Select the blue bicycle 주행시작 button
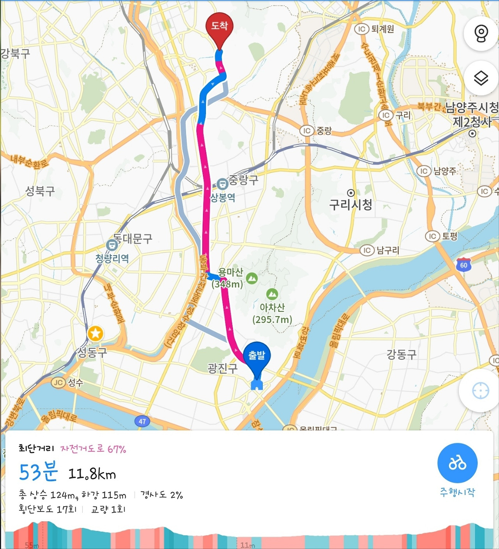[457, 463]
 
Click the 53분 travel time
[38, 472]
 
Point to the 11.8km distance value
[92, 474]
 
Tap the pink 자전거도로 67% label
[93, 449]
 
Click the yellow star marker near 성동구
[96, 334]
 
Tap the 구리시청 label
[350, 204]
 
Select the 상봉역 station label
[223, 197]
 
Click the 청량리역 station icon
[112, 245]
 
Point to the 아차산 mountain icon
[272, 294]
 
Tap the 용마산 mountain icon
[252, 278]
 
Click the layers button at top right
[481, 78]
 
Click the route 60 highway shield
[463, 265]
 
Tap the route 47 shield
[142, 421]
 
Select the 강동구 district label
[402, 354]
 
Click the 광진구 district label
[222, 368]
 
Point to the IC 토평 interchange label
[441, 236]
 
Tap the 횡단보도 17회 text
[48, 509]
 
